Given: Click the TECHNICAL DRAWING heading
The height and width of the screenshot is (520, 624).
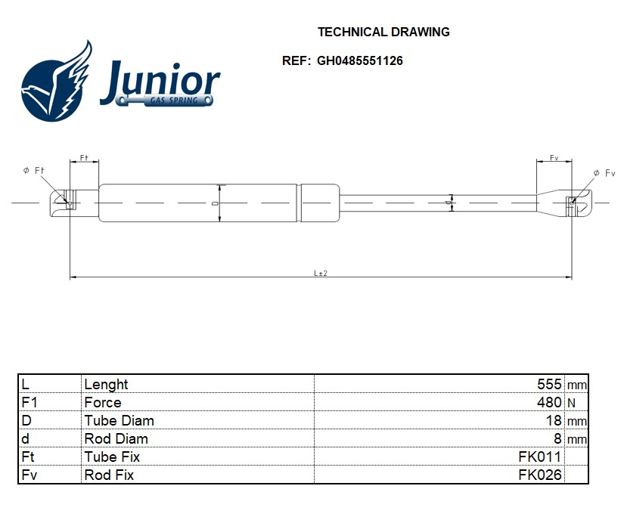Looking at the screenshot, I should pos(383,32).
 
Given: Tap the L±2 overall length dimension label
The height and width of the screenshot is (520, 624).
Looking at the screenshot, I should pos(320,273).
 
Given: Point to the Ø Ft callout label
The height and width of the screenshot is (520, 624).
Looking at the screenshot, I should pos(34,172).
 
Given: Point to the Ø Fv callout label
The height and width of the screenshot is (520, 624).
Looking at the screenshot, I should pos(604,173).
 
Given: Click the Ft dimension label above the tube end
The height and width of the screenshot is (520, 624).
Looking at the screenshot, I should pos(84,159).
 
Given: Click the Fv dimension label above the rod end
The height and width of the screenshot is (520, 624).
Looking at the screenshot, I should pos(554,159).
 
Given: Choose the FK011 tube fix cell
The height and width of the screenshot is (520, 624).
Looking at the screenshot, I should pos(539,457).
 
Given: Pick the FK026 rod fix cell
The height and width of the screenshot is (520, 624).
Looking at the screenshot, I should pos(539,475).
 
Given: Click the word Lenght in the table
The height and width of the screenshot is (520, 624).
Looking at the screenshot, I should pos(106,385).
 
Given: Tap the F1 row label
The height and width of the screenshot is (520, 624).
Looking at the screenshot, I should pos(29,403).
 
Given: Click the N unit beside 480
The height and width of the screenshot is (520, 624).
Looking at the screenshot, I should pos(571,404).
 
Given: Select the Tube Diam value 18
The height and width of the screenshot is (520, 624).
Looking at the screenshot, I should pos(554,421).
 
